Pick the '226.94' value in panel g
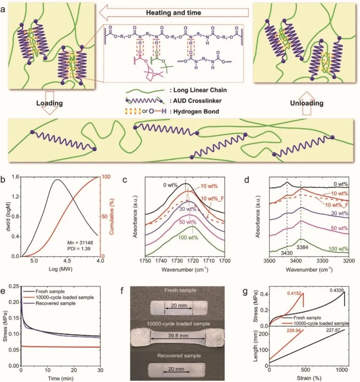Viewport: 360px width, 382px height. click(x=294, y=328)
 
